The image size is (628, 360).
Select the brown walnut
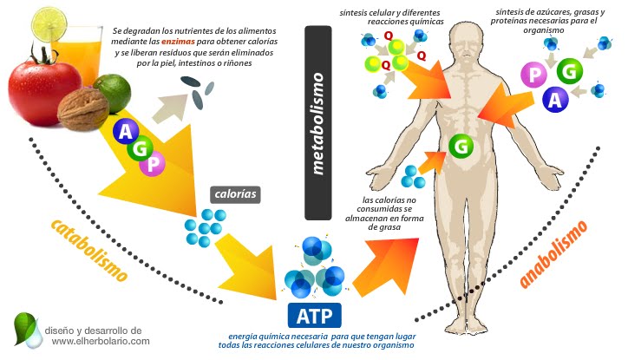[x=84, y=108]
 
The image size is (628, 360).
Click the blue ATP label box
[x=314, y=313]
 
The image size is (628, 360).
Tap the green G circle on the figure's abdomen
[x=461, y=146]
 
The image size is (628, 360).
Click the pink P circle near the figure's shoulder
[x=531, y=75]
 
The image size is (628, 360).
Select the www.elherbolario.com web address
[x=96, y=342]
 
